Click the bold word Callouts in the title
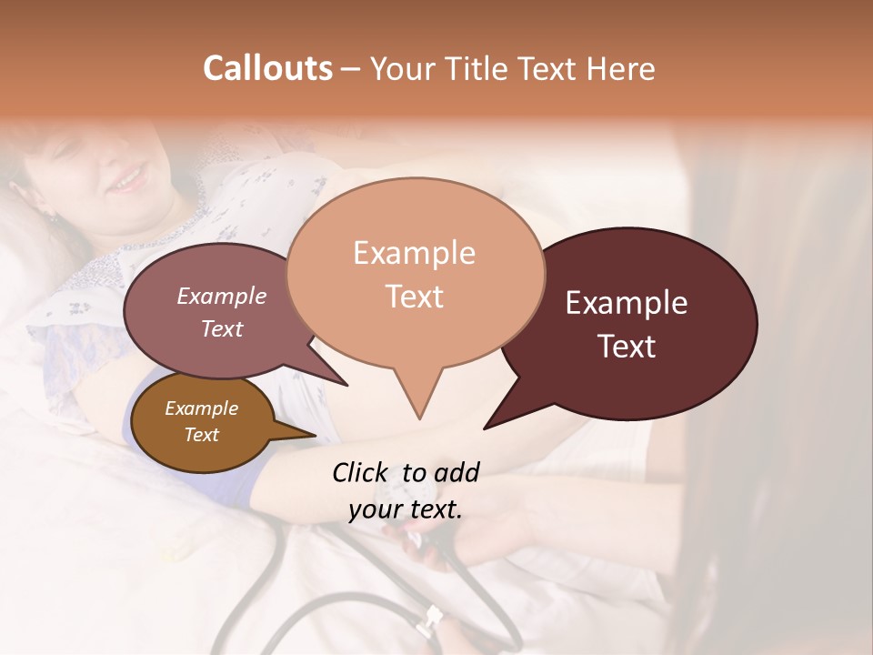click(267, 68)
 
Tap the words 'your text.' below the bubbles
click(406, 509)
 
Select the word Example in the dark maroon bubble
click(627, 303)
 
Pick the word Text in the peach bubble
click(415, 297)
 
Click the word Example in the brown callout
click(201, 408)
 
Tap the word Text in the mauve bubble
click(222, 328)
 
